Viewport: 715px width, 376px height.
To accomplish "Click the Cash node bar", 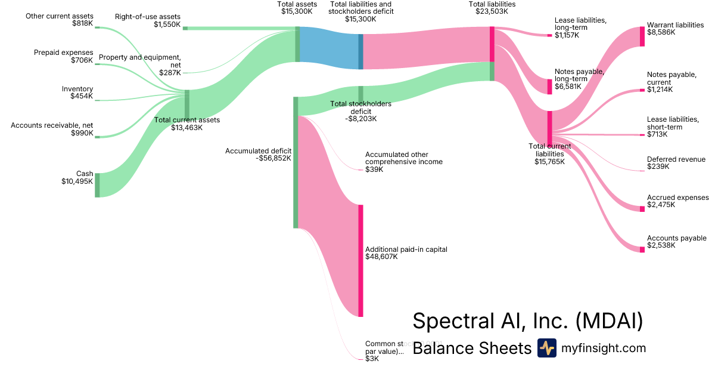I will pos(97,185).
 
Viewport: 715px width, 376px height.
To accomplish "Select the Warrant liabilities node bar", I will pos(642,37).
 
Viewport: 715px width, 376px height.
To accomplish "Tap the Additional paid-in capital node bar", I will pos(360,260).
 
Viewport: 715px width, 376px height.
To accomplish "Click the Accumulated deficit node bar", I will pos(295,162).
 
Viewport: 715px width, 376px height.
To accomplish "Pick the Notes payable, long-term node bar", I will pos(549,87).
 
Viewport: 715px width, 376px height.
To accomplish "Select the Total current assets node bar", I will pos(187,104).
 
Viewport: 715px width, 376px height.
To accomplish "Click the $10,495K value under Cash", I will pos(77,181).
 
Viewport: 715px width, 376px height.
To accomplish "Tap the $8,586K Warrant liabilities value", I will pos(661,33).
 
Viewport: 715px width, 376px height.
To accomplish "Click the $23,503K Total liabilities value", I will pos(492,11).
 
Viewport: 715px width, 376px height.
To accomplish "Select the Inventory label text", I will pos(77,89).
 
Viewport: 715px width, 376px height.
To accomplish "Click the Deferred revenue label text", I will pos(676,159).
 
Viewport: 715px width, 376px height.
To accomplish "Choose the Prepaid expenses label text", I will pos(63,53).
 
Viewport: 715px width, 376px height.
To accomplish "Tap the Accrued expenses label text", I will pos(677,198).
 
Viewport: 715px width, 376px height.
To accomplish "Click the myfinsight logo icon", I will pos(546,348).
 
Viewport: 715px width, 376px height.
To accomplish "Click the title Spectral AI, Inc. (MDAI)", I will pos(528,321).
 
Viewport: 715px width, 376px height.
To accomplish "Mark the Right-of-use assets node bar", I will pos(185,28).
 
